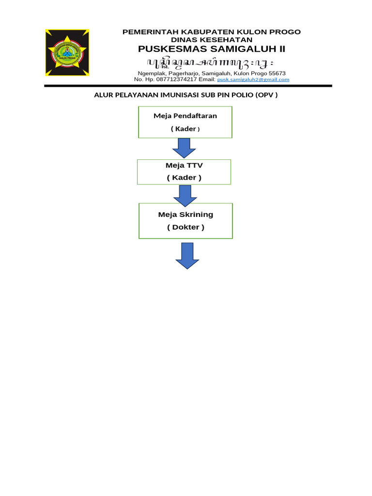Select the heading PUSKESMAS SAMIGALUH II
(212, 49)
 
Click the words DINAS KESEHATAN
(212, 39)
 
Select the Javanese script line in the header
(212, 62)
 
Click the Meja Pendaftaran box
(185, 122)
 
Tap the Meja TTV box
(184, 172)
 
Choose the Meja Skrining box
(186, 221)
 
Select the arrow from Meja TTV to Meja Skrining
(185, 194)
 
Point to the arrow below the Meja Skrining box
(187, 255)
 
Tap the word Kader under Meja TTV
(184, 178)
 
